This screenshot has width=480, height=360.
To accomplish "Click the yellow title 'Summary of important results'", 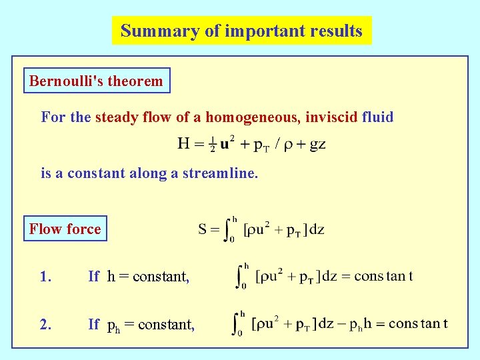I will click(x=241, y=31).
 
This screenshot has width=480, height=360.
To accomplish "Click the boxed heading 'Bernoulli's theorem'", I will click(x=96, y=81).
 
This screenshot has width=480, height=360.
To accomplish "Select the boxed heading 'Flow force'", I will click(x=65, y=229).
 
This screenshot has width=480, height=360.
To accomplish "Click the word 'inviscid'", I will click(x=331, y=118).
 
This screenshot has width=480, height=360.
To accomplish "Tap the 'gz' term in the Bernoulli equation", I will click(x=316, y=145).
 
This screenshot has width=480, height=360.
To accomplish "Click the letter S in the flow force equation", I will click(x=203, y=230).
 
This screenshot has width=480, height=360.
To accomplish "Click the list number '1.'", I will click(x=45, y=277).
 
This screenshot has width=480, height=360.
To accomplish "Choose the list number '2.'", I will click(x=45, y=325).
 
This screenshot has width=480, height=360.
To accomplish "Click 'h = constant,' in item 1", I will click(x=148, y=277).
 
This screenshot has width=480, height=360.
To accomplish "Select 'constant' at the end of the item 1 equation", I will click(x=383, y=276).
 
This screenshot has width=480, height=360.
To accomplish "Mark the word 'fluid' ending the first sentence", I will click(x=377, y=118).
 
